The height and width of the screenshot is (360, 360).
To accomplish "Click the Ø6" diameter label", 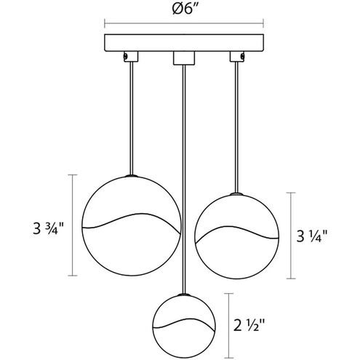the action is pos(185,9).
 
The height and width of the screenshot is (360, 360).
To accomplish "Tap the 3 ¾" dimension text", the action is pos(48,228).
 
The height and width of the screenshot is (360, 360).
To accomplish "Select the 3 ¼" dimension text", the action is pos(312,236).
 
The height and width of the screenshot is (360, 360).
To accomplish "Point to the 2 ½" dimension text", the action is pos(249,325).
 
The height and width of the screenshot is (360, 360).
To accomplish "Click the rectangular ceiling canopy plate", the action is pos(184,43).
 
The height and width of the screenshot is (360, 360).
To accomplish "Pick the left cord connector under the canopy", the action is pos(131,57).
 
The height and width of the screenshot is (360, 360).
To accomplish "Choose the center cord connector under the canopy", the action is pos(184,58).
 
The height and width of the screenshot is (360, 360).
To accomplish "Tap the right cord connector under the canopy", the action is pos(237,57).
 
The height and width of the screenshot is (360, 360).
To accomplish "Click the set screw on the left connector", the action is pos(125,56).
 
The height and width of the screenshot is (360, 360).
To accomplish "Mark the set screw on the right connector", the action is pos(242,56).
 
